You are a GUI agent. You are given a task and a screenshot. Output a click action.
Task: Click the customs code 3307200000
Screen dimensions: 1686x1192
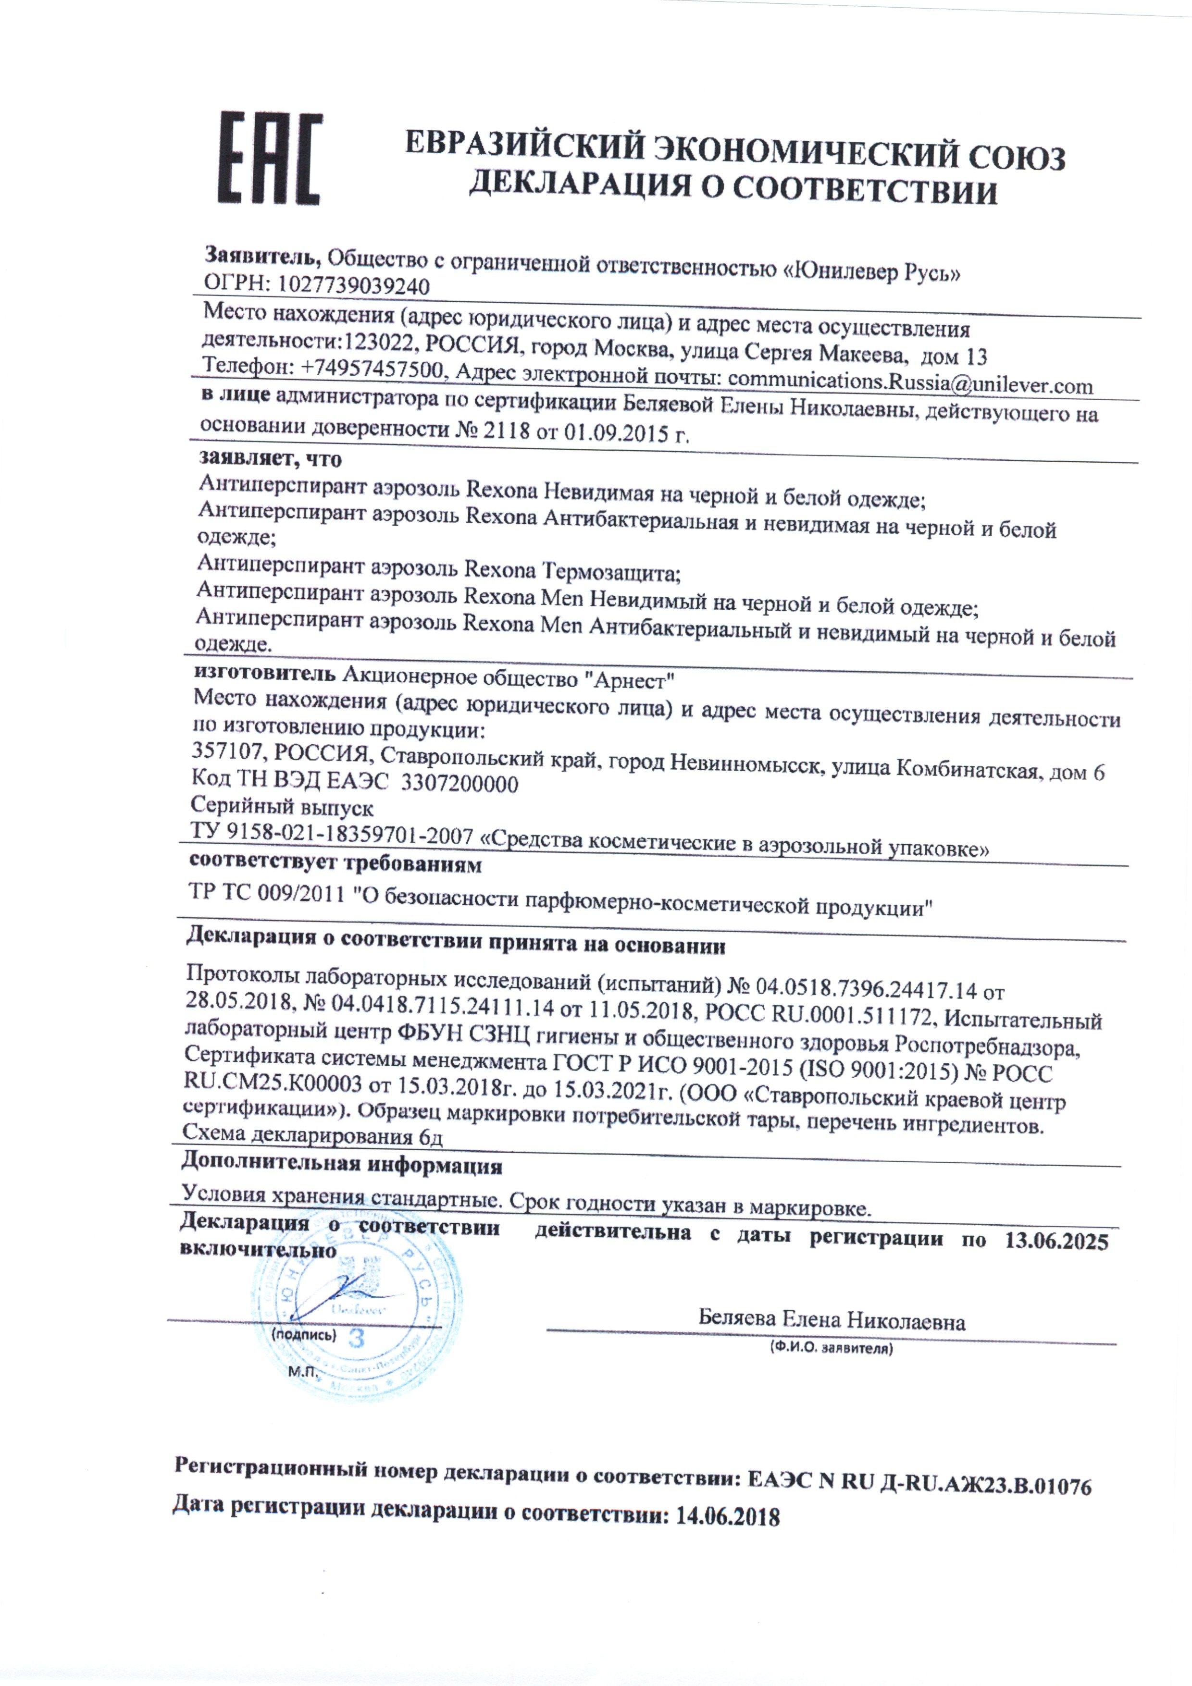(x=459, y=784)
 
